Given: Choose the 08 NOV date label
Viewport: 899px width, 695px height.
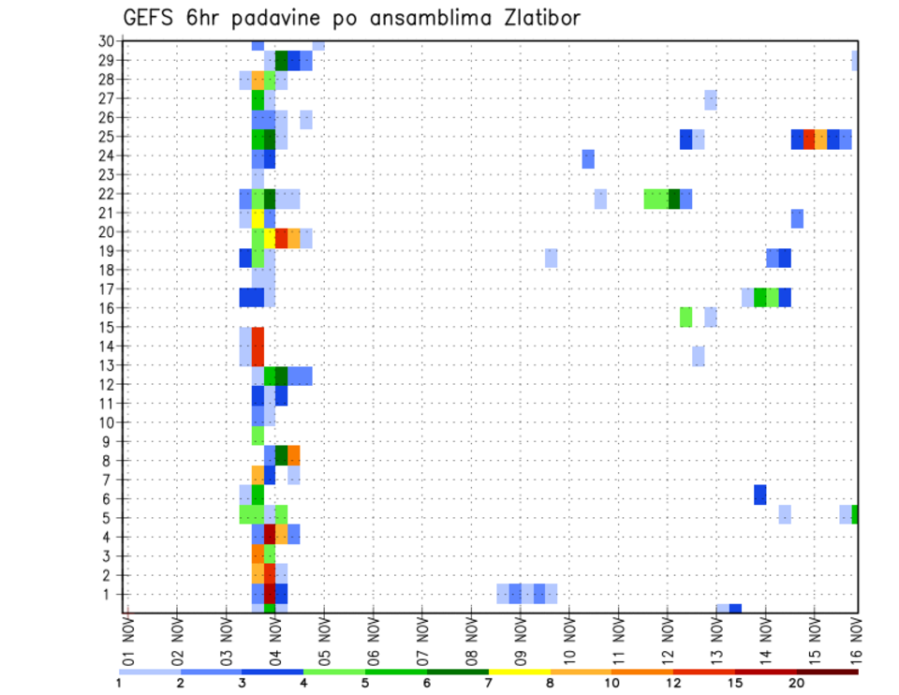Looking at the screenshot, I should tap(470, 643).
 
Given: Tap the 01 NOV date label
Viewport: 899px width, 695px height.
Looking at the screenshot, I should tap(127, 643).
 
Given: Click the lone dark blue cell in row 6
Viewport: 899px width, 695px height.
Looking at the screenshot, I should tap(759, 494).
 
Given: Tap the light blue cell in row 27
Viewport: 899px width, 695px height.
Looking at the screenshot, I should tap(711, 99).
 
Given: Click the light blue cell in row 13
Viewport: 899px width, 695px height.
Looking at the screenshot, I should tap(699, 356).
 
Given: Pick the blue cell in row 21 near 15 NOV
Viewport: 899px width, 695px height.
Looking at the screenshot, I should tap(797, 218).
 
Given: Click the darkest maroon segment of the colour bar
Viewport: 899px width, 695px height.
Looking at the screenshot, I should tap(828, 672).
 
